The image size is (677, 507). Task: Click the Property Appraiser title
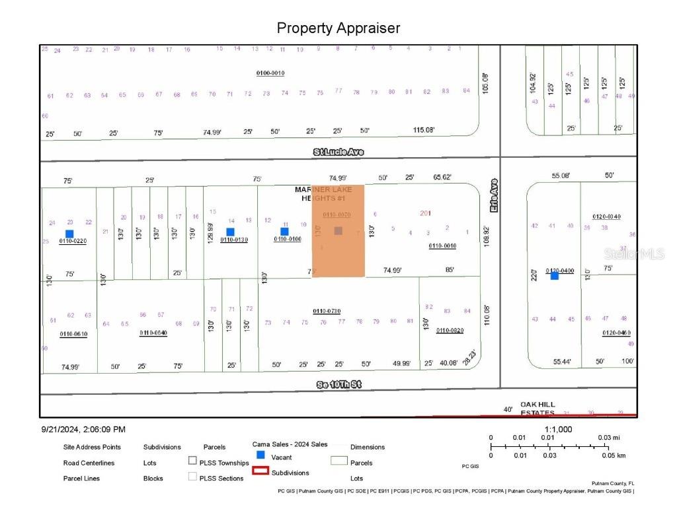pos(338,28)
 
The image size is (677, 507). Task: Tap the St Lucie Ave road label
pos(338,152)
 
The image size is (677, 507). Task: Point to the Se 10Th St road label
pos(338,384)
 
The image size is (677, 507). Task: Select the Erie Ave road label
pos(493,195)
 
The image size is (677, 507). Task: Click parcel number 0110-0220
pos(73,241)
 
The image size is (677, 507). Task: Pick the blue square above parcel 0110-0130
pos(230,232)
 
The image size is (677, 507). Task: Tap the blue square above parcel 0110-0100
pos(284,232)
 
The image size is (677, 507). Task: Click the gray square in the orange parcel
pos(338,230)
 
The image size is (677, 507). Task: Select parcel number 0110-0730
pos(327,311)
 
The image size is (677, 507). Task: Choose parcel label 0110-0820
pos(450,330)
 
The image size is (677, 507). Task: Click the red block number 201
pos(425,213)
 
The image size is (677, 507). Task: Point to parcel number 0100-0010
pos(270,73)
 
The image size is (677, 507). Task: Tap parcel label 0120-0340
pos(606,217)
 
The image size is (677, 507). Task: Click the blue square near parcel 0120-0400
pos(554,276)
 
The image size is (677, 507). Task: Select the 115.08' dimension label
pos(424,130)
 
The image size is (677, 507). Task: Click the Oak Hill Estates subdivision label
pos(537,409)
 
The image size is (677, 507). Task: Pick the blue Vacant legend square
pos(260,455)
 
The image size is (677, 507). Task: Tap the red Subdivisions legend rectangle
pos(260,471)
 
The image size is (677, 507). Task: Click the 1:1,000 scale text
pos(559,429)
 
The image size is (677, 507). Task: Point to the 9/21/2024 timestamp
pos(83,429)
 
